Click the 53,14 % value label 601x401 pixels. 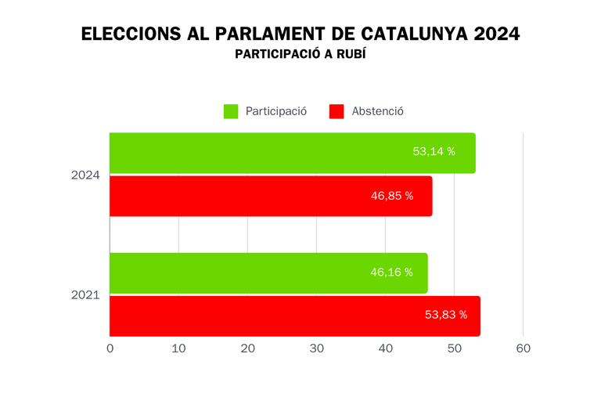(434, 152)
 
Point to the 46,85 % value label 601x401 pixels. (391, 196)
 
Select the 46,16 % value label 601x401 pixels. (391, 273)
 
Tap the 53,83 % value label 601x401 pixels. (445, 315)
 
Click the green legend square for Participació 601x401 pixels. (231, 111)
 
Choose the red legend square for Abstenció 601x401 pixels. (336, 111)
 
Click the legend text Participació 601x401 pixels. (275, 111)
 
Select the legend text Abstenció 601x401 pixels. (378, 111)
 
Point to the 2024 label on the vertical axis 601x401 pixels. (85, 175)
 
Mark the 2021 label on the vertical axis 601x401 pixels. (85, 295)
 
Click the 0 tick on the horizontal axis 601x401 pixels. (110, 349)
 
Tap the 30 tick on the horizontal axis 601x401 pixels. (316, 349)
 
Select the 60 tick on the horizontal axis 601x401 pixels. (523, 349)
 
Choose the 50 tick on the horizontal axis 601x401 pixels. (454, 349)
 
